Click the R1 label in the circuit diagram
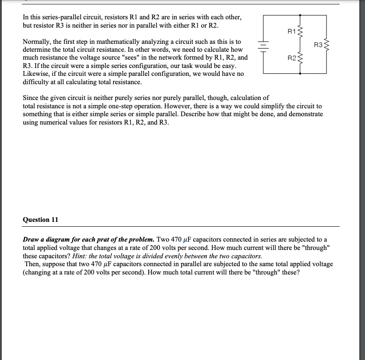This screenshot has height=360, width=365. (291, 31)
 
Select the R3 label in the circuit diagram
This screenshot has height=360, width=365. (319, 45)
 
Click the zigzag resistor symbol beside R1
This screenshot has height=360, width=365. (300, 31)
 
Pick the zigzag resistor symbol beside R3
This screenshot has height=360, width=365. (326, 45)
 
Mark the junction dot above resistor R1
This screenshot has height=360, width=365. (300, 15)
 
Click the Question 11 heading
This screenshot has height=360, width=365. (40, 220)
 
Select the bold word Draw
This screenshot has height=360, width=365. (31, 239)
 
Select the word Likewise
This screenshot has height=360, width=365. (35, 74)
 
